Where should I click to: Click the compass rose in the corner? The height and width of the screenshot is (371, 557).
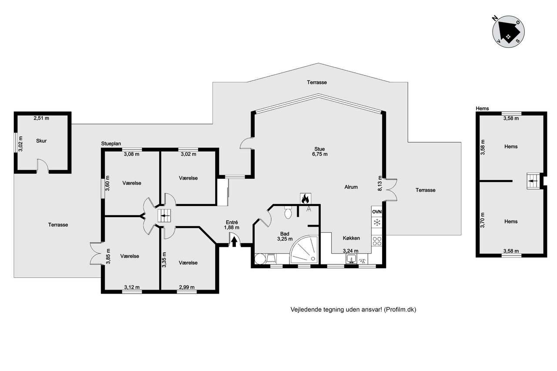508,32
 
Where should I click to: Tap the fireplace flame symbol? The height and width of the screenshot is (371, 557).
305,198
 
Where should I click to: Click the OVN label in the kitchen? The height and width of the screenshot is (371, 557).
377,212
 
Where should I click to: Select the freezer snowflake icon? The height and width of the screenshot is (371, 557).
377,222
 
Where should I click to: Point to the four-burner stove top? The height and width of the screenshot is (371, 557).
377,241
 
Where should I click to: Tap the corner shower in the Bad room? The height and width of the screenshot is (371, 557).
305,250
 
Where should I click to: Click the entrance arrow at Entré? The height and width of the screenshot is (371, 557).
234,241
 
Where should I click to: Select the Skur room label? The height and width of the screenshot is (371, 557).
41,141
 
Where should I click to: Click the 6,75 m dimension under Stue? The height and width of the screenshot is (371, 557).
320,154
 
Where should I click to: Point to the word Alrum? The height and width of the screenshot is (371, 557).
351,187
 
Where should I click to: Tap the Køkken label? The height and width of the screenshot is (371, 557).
351,238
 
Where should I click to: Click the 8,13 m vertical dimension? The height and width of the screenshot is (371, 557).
380,184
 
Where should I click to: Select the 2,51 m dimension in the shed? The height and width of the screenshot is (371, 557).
41,118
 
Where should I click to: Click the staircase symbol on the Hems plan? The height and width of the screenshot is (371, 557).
533,181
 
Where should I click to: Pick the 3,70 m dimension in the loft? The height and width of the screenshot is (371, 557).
483,220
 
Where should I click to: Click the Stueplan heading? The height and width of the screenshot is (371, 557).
111,144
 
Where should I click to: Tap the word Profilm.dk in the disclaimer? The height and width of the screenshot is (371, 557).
400,309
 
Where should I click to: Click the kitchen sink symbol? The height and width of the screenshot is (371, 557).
351,259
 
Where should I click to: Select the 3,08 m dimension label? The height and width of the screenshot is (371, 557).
131,154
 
